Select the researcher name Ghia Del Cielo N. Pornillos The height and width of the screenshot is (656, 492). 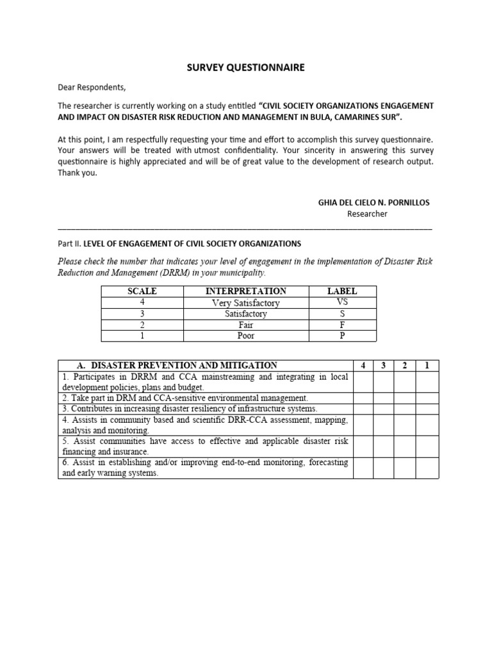374,202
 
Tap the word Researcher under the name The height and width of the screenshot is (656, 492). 367,214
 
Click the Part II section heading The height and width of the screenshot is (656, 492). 179,244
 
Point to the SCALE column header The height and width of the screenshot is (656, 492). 142,291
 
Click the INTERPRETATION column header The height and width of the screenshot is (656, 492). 245,291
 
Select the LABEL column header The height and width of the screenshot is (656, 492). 341,291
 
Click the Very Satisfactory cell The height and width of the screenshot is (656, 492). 245,302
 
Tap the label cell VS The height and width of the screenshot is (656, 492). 341,302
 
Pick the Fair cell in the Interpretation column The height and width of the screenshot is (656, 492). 245,325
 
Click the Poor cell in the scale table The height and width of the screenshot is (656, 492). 245,336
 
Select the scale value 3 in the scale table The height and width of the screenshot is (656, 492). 142,314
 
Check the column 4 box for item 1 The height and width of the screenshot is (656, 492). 363,382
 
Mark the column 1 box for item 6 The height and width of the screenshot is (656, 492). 427,468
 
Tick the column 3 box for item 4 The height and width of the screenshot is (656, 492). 383,425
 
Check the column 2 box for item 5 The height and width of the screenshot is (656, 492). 405,447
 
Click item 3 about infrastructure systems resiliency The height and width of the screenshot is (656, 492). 190,409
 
